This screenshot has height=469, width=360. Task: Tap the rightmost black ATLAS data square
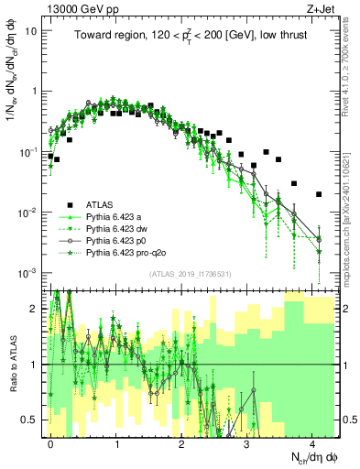318,194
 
